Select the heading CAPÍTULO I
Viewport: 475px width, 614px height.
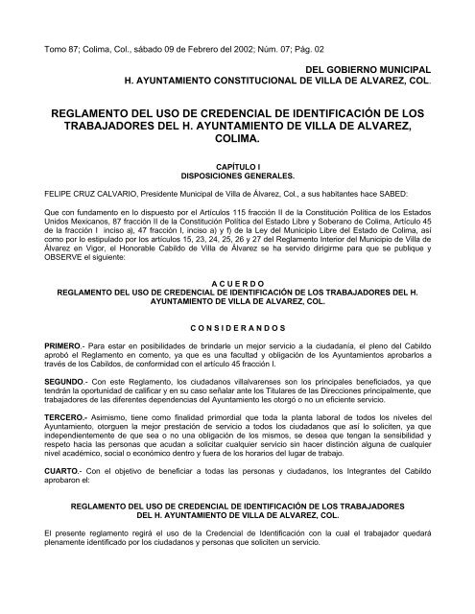237,165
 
